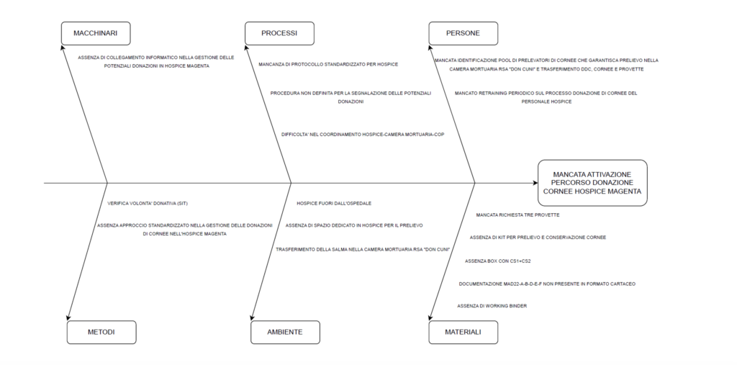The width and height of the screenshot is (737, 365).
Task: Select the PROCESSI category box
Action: point(279,33)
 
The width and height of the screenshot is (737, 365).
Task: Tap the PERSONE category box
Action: point(463,33)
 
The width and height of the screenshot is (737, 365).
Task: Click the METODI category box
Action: point(101,332)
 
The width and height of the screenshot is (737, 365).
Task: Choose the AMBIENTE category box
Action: point(285,332)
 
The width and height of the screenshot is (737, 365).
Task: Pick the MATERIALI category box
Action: point(463,332)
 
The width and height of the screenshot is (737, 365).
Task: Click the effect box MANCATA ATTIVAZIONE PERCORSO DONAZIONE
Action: point(592,183)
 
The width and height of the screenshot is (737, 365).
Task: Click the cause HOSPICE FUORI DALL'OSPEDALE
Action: point(334,204)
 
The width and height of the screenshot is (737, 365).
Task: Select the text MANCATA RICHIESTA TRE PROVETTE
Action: point(517,215)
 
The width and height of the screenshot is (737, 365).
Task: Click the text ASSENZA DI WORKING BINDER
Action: point(492,306)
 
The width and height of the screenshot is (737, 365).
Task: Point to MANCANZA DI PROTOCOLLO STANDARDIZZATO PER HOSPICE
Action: point(328,64)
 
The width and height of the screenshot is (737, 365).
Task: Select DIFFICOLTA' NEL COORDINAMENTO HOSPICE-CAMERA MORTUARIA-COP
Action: point(363,134)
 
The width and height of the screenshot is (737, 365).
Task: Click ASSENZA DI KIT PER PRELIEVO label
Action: point(537,238)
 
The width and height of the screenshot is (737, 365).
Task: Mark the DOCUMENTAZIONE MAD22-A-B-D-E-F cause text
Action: point(547,284)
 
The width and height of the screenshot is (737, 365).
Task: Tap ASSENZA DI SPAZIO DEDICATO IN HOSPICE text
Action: point(354,226)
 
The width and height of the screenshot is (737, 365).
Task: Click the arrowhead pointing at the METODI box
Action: point(68,317)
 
